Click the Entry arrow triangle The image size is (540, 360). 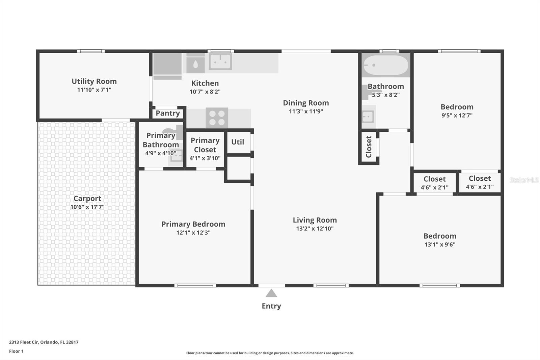coord(271,293)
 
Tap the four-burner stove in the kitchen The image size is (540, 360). coord(217,118)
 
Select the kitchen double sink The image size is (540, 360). coord(220,61)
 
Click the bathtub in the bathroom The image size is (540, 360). coord(386,65)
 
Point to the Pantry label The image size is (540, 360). coord(168,113)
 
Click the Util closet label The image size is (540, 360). coord(238,142)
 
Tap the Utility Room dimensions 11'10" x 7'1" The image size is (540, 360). coord(94,90)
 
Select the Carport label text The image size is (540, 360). coord(87,199)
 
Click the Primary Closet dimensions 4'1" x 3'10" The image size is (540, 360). coord(205,158)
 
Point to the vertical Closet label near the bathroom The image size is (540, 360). coord(369,147)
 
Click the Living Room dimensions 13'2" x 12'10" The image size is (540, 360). coord(315,229)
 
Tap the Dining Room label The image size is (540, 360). coord(306,103)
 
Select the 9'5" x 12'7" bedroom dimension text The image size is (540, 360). coord(457,115)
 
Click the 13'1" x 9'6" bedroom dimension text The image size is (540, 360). coord(440,245)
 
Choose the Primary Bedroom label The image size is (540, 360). coord(193,224)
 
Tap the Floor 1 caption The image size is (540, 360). coord(16,351)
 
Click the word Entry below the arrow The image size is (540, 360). coord(271,306)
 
